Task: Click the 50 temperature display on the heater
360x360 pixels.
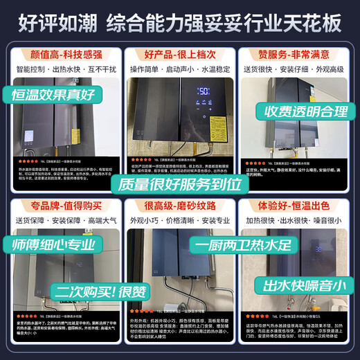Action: [204, 91]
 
